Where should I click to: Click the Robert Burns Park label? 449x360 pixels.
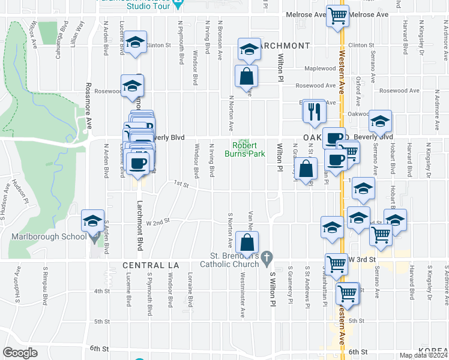tap(245, 149)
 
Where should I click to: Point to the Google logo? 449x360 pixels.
tap(20, 352)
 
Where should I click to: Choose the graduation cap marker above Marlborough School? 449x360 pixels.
tap(94, 221)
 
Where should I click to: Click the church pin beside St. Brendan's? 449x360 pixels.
tap(269, 257)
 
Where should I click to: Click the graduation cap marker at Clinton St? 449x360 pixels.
tap(135, 42)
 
